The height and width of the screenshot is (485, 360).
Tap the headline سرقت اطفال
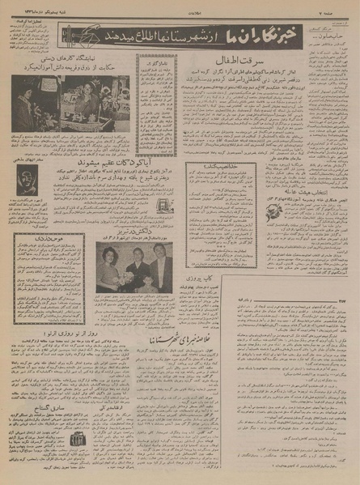click(x=235, y=62)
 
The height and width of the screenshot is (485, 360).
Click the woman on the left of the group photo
click(x=108, y=267)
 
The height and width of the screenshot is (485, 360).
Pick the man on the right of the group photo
click(x=159, y=266)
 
